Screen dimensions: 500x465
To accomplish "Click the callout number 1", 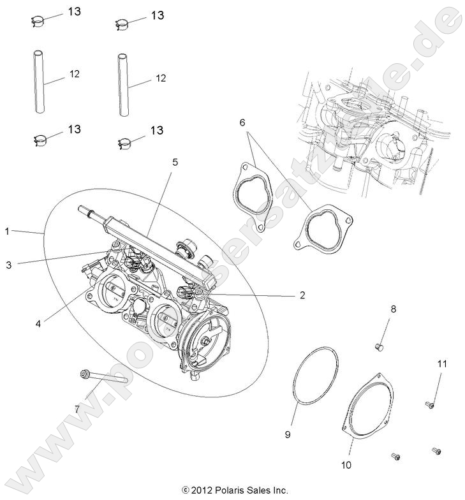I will click(x=7, y=232).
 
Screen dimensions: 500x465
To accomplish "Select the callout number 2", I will click(x=302, y=295).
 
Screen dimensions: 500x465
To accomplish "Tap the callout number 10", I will click(x=346, y=465).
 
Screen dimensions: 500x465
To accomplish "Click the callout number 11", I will click(x=424, y=364).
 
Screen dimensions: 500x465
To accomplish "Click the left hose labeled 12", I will click(x=39, y=83).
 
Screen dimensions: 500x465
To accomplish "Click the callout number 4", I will click(x=38, y=323).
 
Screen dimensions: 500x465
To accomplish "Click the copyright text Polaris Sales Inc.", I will click(x=235, y=491).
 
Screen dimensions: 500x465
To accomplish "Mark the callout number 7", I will click(x=77, y=408).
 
